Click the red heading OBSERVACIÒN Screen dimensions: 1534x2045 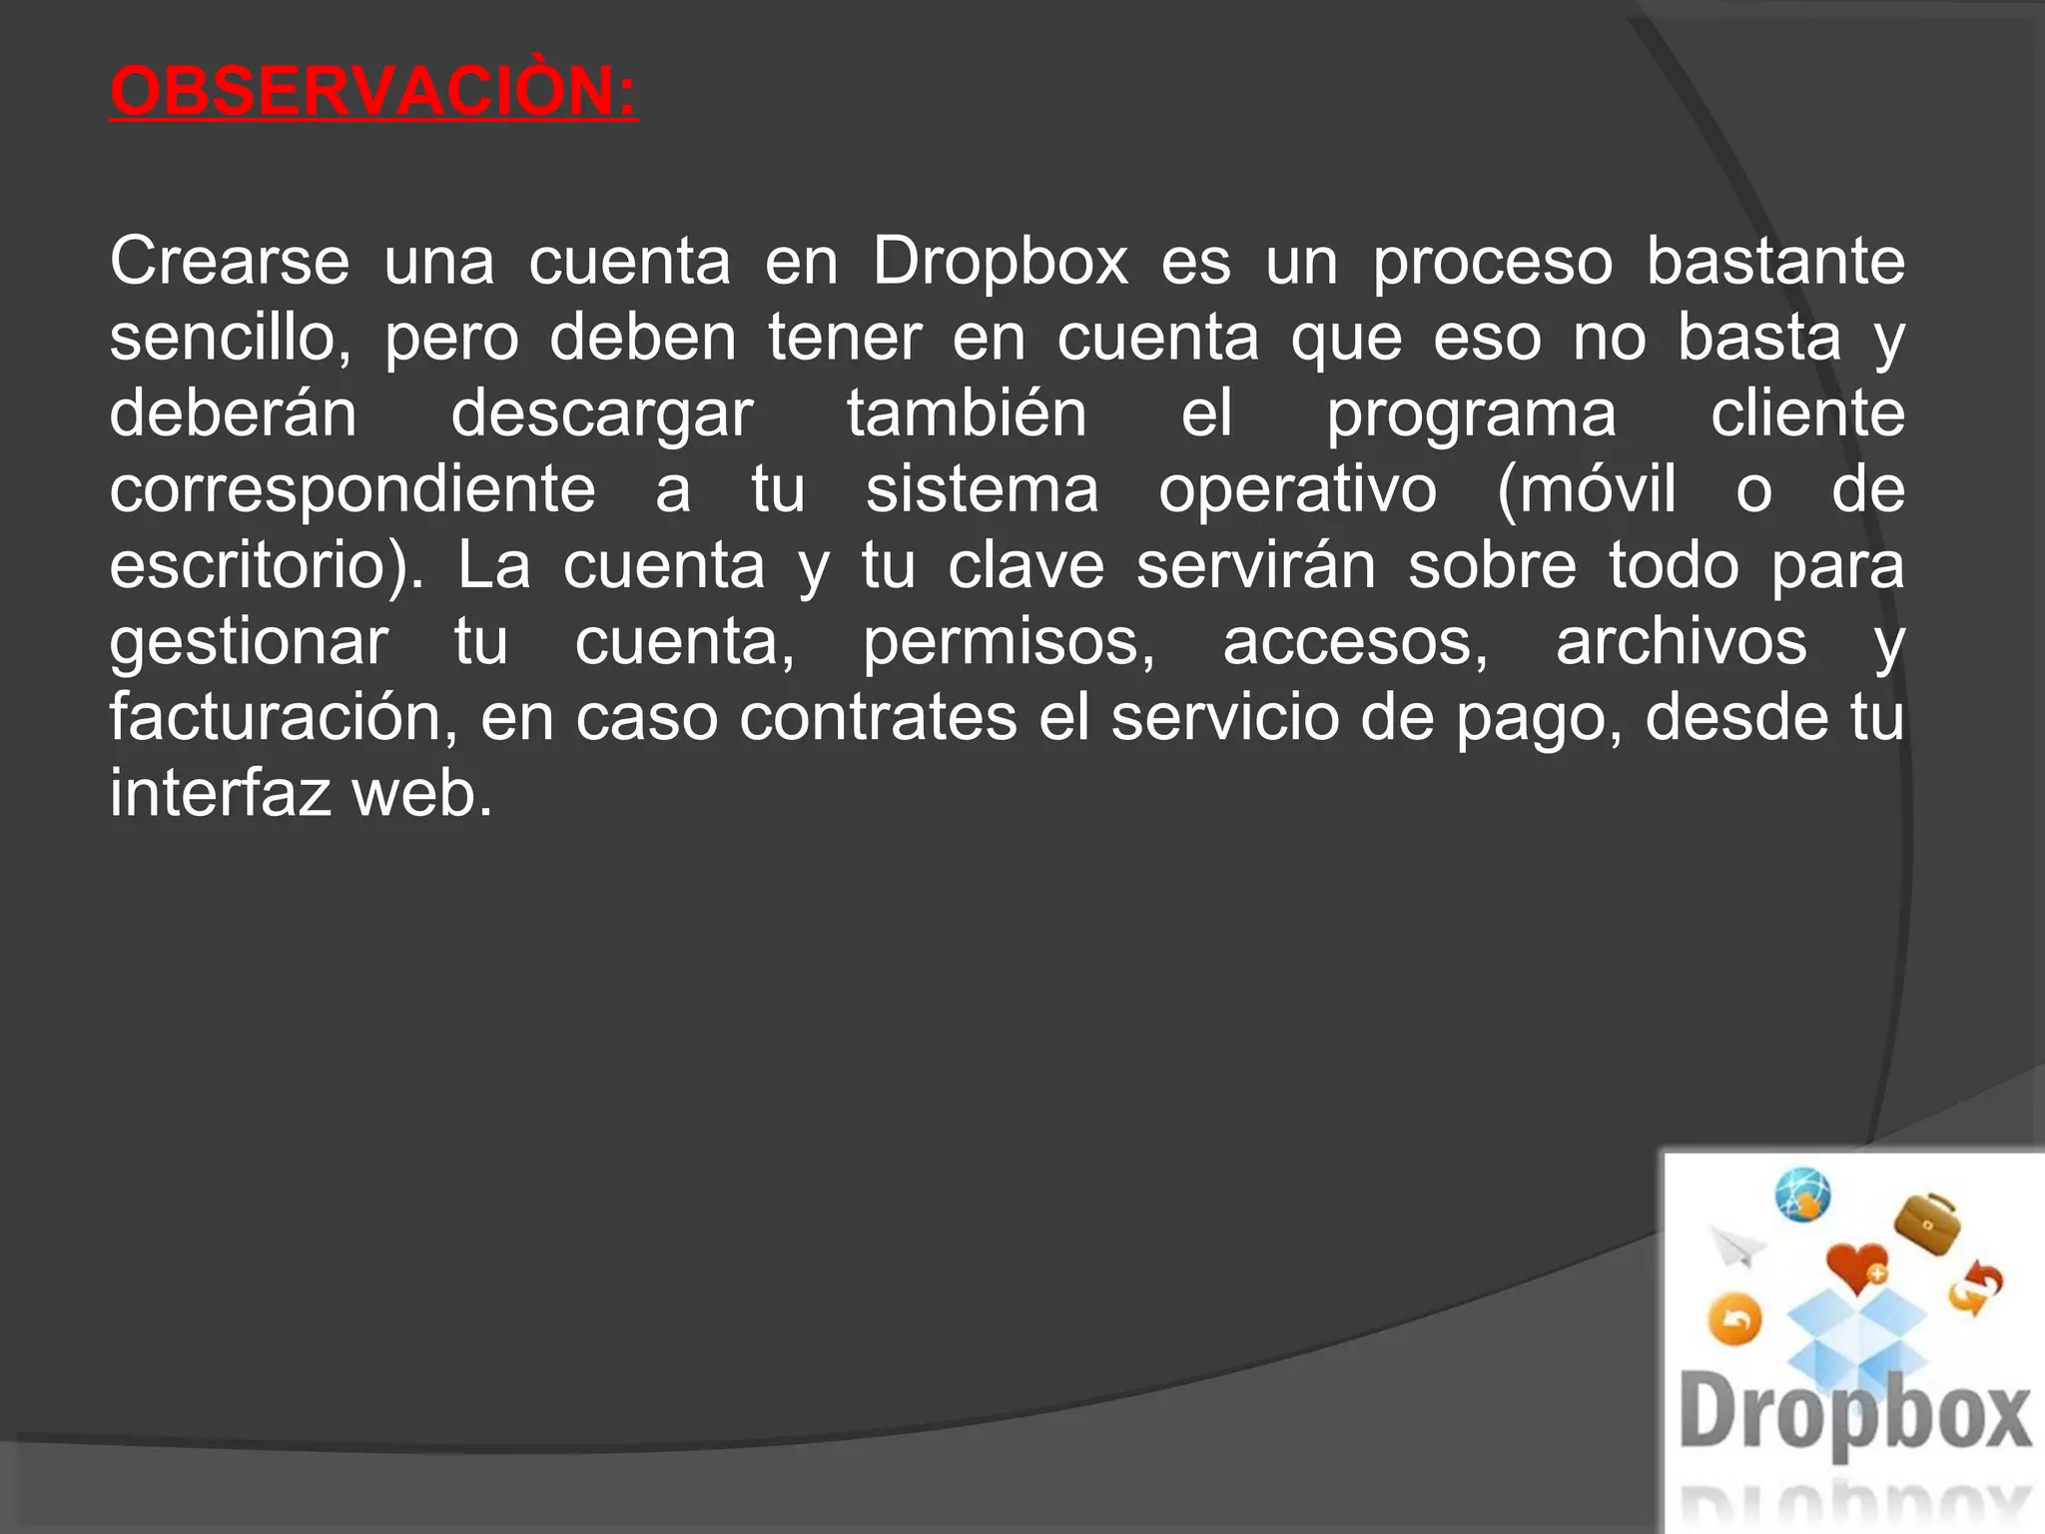[x=372, y=91]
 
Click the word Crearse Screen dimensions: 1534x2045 [x=229, y=262]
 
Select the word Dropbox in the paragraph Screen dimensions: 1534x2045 [x=1000, y=262]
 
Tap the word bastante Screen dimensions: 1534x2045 [x=1774, y=262]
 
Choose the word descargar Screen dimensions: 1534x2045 [x=601, y=413]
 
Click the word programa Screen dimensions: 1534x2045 [x=1470, y=413]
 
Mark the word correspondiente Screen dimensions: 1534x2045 [x=352, y=489]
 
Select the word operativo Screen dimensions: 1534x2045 [x=1297, y=489]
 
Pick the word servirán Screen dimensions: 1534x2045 [x=1255, y=565]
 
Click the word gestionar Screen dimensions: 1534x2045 [x=249, y=641]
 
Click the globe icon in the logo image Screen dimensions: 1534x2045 [x=1802, y=1194]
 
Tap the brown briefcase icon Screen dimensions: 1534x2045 [x=1927, y=1222]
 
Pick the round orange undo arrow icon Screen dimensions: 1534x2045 [x=1735, y=1320]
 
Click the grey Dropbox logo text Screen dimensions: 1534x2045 [x=1854, y=1412]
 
